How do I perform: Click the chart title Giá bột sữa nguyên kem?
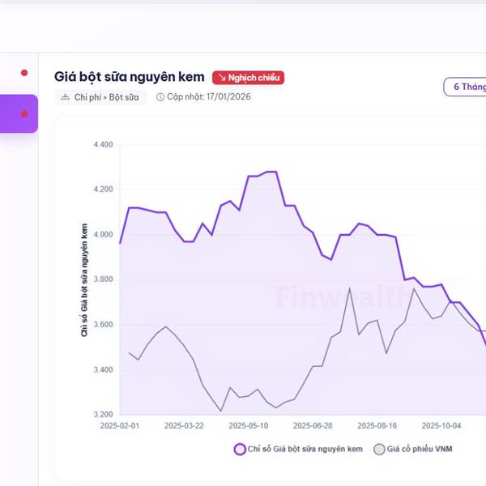129,77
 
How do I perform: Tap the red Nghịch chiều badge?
249,78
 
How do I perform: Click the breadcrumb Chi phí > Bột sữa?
100,97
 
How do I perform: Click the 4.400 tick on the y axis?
103,145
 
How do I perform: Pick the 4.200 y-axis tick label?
103,190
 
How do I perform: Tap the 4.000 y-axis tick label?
103,235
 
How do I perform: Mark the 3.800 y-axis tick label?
103,279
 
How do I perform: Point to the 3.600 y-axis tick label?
103,325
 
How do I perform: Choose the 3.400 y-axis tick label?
103,370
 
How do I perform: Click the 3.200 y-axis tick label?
103,415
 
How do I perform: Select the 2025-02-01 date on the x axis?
119,425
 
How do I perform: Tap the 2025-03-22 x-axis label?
183,425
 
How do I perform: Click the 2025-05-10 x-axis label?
248,425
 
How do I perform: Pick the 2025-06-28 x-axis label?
313,425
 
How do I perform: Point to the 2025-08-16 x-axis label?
377,425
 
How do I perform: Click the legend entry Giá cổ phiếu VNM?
414,449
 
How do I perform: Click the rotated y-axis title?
85,279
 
